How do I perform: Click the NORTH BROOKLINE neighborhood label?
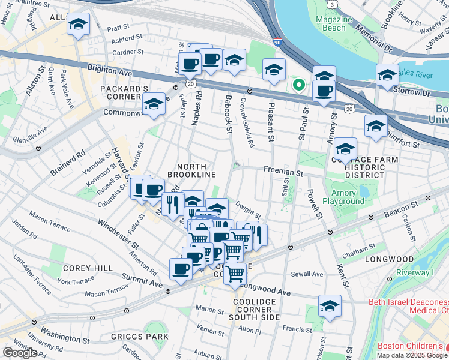(191, 170)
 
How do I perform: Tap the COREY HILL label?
(83, 268)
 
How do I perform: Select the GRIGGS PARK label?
(139, 337)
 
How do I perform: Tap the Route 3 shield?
(332, 4)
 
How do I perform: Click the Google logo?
(19, 353)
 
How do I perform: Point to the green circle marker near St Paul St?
(297, 85)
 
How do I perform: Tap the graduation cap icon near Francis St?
(330, 306)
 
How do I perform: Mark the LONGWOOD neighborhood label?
(389, 259)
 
